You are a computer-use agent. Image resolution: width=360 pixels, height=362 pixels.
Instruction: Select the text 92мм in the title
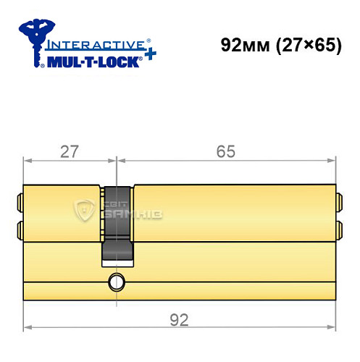tap(242, 45)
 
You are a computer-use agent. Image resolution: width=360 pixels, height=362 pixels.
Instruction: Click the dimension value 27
tap(70, 151)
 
